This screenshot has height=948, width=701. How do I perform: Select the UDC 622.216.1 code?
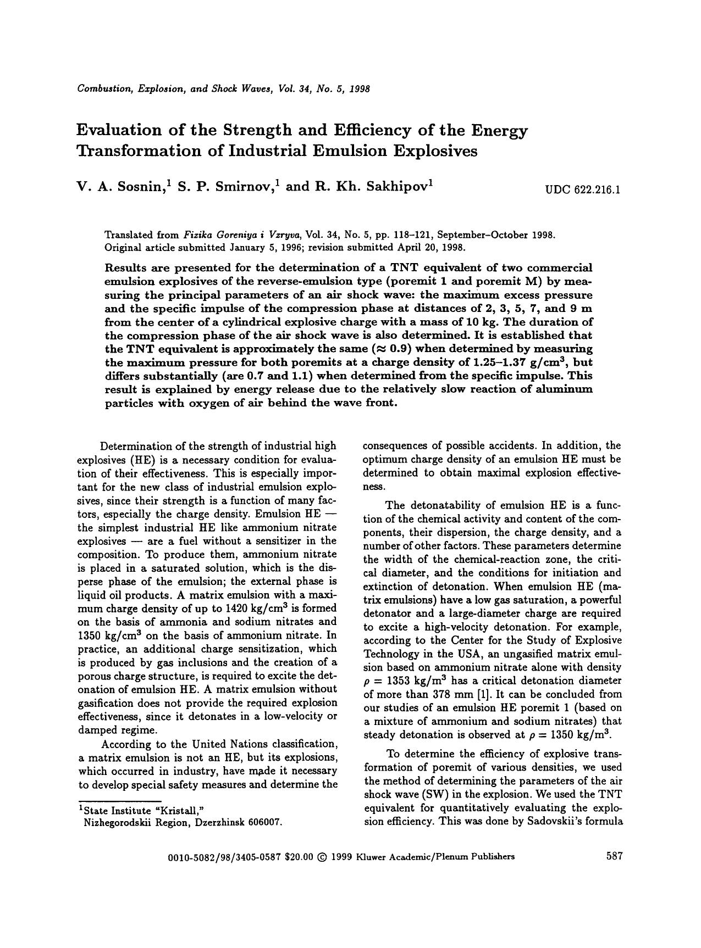(583, 191)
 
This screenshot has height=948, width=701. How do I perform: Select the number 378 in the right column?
(437, 694)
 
